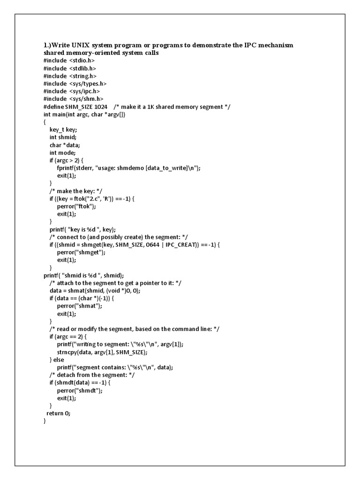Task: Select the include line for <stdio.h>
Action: coord(69,60)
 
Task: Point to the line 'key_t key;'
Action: coord(63,130)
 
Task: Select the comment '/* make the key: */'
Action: coord(76,191)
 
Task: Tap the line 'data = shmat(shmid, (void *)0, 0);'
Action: coord(101,291)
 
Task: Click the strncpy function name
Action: coord(68,352)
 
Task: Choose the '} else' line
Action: coord(58,360)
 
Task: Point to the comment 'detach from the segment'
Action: coord(92,375)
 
